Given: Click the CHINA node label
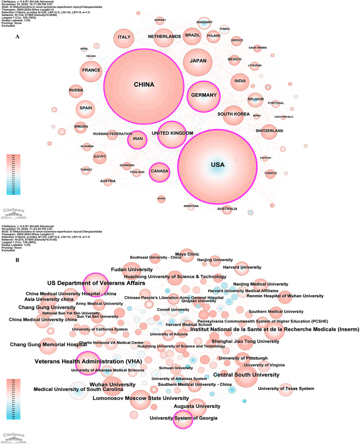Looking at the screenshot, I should click(144, 85).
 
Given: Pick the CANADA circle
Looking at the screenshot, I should click(159, 171).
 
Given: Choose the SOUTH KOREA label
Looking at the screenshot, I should click(233, 114).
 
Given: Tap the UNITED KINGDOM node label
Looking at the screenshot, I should click(172, 133).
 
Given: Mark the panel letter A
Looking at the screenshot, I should click(17, 36).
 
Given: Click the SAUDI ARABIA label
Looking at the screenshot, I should click(258, 48).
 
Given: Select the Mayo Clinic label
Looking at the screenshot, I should click(187, 254).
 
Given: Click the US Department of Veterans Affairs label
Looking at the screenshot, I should click(96, 283).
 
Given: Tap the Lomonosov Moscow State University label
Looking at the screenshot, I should click(140, 398).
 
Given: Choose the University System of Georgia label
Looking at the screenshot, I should click(183, 418).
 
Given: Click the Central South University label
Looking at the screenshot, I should click(246, 374).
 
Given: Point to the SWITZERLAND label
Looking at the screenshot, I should click(269, 131).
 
